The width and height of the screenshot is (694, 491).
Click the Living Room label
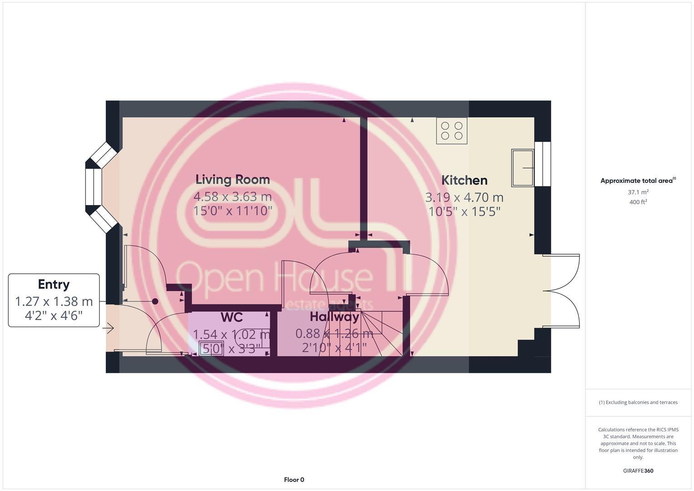232,180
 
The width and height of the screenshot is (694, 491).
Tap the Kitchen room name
464,180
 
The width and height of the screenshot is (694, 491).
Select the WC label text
231,317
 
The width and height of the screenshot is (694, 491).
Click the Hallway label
334,317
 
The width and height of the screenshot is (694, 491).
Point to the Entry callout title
54,285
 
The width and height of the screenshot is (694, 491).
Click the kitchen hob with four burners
451,131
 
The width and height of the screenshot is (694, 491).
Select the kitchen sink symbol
523,168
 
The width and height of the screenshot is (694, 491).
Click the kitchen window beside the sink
542,164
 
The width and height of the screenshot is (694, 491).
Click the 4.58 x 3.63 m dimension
232,197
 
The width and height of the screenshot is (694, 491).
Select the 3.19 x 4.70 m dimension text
464,198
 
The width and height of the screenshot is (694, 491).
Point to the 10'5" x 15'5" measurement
464,212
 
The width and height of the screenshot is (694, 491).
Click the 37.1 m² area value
638,192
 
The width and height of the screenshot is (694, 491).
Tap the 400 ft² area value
638,202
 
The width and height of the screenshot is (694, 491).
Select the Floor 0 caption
294,480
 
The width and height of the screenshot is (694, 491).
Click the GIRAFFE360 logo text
638,471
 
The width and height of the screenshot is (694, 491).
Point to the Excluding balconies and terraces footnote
638,402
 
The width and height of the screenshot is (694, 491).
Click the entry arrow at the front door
109,328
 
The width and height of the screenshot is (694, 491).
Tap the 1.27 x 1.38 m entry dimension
54,301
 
